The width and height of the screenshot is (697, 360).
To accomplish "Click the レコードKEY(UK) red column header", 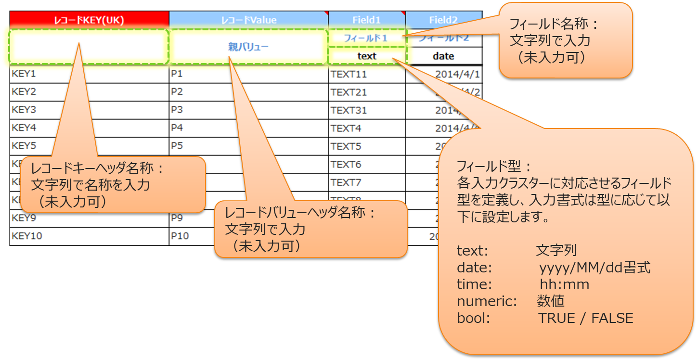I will click(x=89, y=20).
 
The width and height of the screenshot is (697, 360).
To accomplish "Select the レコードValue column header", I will click(x=248, y=20).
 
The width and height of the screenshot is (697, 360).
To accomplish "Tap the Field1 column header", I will click(x=366, y=20).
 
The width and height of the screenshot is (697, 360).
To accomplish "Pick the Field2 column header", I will click(x=443, y=20).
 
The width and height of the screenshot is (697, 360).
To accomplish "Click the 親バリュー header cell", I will click(x=248, y=47).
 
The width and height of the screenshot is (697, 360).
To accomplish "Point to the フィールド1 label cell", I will click(x=365, y=38).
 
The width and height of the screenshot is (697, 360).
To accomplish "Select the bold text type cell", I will click(x=367, y=56).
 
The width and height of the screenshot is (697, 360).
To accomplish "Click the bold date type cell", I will click(x=443, y=56).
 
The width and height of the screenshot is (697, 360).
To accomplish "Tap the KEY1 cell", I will click(x=24, y=74).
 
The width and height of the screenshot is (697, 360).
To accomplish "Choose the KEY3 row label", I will click(x=24, y=110).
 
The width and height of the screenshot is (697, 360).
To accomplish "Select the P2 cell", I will click(x=177, y=92).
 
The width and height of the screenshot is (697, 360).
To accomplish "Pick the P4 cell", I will click(x=177, y=128).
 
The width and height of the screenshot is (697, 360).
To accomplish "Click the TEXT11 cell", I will click(x=348, y=74).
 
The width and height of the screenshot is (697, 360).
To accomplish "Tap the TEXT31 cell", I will click(x=348, y=110).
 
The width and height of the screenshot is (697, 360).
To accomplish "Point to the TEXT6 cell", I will click(x=346, y=164).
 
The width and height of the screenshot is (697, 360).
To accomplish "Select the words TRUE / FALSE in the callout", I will click(x=585, y=318).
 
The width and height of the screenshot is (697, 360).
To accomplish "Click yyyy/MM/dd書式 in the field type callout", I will click(x=594, y=268).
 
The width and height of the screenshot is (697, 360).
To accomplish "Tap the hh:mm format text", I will click(x=564, y=284).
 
